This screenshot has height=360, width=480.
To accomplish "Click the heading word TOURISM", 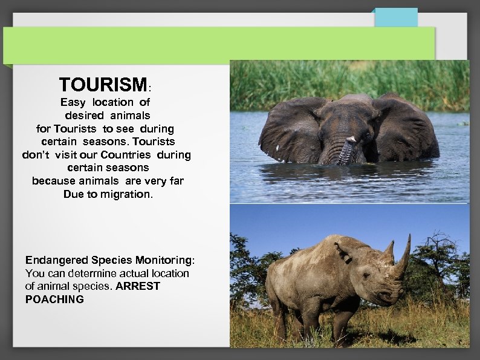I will [x=103, y=84].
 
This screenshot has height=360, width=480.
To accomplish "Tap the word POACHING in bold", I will [x=54, y=299].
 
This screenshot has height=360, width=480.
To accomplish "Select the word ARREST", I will [x=137, y=286].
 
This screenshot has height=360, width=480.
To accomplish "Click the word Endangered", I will [x=57, y=260].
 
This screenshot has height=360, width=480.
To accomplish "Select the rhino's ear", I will [x=342, y=251].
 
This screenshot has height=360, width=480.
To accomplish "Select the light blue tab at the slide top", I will [x=395, y=17].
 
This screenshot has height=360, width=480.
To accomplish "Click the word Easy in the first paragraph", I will [x=73, y=102].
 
